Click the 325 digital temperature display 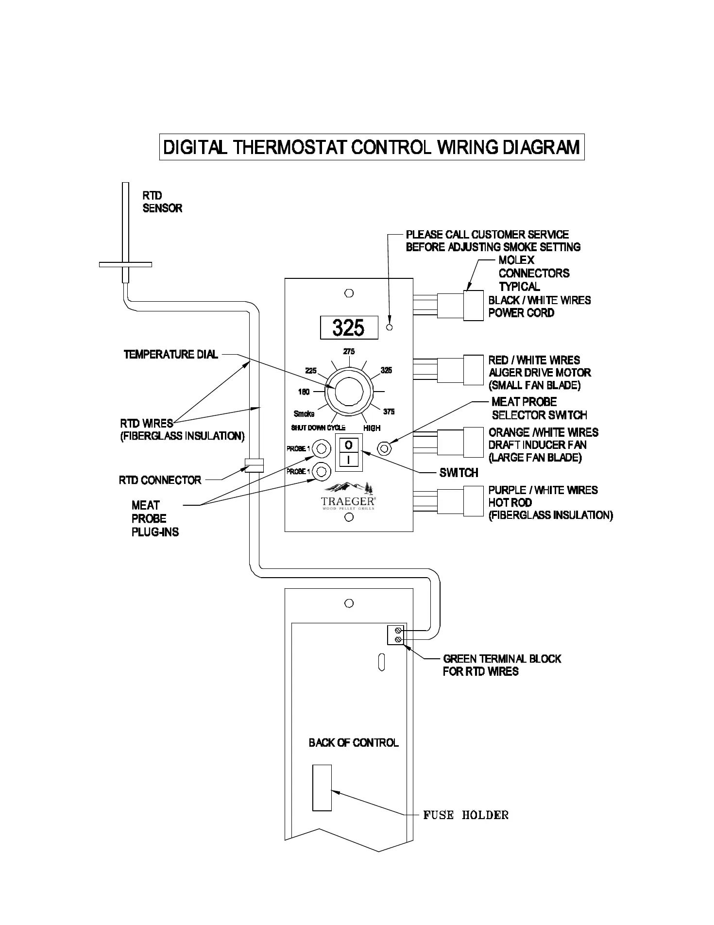pyautogui.click(x=349, y=327)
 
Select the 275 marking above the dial pyautogui.click(x=349, y=351)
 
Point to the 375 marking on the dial pyautogui.click(x=389, y=411)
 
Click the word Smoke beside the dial pyautogui.click(x=304, y=414)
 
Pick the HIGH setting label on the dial pyautogui.click(x=372, y=428)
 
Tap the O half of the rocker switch pyautogui.click(x=349, y=445)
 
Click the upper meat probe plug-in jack pyautogui.click(x=321, y=448)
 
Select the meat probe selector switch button pyautogui.click(x=385, y=447)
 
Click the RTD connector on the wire pyautogui.click(x=254, y=465)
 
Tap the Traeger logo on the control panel pyautogui.click(x=349, y=497)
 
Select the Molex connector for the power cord pyautogui.click(x=473, y=306)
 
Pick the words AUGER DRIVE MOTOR pyautogui.click(x=540, y=373)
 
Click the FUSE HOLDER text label pyautogui.click(x=466, y=815)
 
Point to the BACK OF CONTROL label pyautogui.click(x=354, y=742)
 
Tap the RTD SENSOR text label pyautogui.click(x=162, y=202)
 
